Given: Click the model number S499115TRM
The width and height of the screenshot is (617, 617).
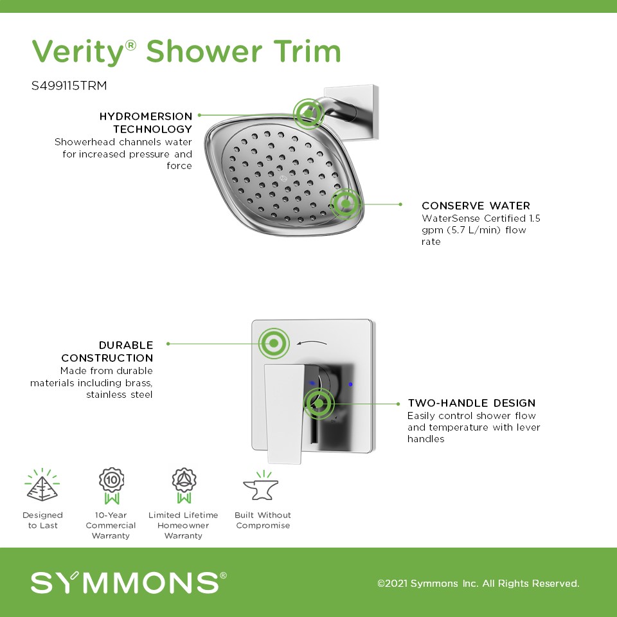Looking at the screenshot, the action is click(69, 85).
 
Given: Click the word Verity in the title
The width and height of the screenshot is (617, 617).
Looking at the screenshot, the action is click(78, 52).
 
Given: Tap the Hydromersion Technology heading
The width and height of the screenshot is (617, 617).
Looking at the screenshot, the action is click(146, 122).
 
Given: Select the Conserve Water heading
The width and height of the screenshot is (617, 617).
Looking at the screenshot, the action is click(476, 206).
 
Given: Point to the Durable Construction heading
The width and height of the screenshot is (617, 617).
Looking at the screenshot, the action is click(107, 352).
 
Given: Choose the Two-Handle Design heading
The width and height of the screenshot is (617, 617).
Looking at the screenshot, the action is click(471, 403).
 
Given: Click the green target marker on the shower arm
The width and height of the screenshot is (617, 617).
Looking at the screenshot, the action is click(308, 114).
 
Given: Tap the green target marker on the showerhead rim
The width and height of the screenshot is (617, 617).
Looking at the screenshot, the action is click(346, 204).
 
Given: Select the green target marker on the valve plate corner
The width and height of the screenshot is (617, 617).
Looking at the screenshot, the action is click(274, 343).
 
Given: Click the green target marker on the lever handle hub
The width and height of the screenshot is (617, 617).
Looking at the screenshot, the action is click(319, 404).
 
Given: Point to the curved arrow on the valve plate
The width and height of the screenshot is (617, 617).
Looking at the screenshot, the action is click(311, 343).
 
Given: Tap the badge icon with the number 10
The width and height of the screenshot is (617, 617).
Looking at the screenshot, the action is click(112, 486).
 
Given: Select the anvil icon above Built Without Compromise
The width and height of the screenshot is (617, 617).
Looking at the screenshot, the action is click(262, 486).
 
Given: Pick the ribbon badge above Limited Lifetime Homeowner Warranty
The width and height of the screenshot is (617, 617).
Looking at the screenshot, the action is click(184, 486).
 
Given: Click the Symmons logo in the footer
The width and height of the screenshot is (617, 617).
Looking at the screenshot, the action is click(129, 582).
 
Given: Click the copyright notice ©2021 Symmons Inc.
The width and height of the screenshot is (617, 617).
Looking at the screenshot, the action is click(478, 583).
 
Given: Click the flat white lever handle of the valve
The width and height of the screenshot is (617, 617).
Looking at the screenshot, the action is click(285, 413).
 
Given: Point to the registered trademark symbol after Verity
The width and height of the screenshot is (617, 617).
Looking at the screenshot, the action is click(130, 46).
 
